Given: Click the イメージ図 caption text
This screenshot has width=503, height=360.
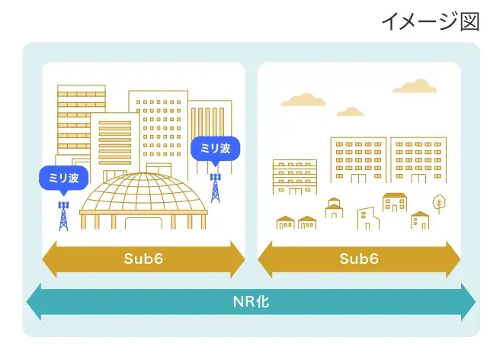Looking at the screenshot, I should [x=430, y=21].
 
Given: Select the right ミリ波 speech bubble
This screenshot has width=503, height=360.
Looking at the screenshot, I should [x=215, y=148].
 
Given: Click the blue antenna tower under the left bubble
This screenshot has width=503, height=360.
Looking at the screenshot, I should [x=63, y=215].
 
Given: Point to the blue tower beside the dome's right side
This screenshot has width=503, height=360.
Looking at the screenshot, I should [x=215, y=188].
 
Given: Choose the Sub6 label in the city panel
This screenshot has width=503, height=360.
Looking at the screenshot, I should [x=143, y=259].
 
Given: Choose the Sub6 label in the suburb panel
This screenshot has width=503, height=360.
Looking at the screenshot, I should [x=359, y=259].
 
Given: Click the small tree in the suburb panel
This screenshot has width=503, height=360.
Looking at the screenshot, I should [x=439, y=203].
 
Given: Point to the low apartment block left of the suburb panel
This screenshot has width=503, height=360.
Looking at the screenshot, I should [x=294, y=177].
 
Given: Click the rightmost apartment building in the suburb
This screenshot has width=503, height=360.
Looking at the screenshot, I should [x=418, y=159].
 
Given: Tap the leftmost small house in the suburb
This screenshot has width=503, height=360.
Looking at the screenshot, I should [x=286, y=223].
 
